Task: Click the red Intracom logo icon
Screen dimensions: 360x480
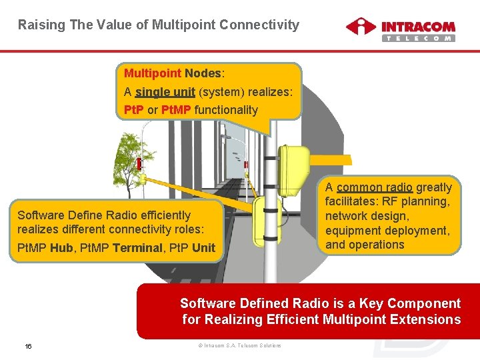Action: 361,27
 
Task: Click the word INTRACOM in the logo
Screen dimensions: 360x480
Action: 418,27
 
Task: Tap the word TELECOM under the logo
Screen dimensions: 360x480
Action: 418,39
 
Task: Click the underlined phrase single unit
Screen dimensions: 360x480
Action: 165,92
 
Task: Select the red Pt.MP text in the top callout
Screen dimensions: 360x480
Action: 176,110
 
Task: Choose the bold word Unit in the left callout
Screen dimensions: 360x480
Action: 203,248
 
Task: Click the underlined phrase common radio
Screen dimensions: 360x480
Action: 375,187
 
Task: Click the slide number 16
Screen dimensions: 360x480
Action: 28,346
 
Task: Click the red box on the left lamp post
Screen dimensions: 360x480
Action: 139,164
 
